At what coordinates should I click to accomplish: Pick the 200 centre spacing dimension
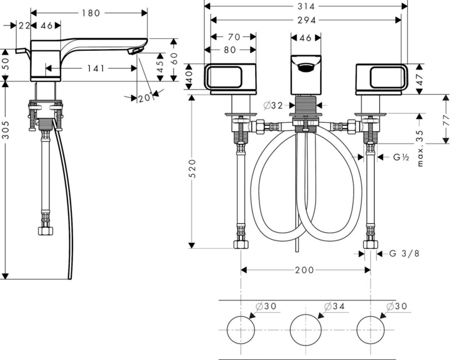305,270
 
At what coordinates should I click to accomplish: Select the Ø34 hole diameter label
335,307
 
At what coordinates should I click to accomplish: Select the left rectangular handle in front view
230,77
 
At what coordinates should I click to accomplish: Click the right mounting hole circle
372,329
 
